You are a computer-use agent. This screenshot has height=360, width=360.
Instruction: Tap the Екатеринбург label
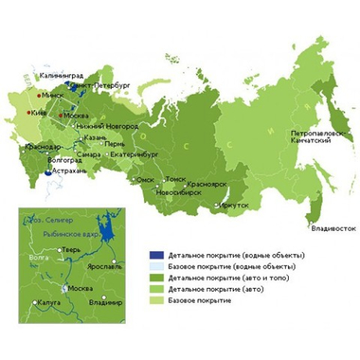tap(132, 153)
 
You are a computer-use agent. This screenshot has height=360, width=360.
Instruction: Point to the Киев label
tap(40, 112)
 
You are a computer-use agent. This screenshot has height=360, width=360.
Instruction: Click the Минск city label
tap(54, 95)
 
